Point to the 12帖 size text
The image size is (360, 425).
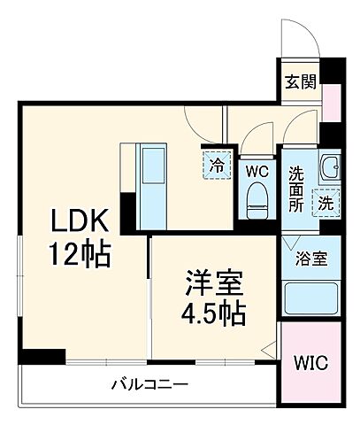tap(80, 255)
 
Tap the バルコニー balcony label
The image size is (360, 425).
tap(149, 385)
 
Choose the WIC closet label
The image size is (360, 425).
tap(309, 364)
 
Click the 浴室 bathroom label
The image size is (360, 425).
tap(310, 260)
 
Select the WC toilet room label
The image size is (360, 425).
tap(257, 169)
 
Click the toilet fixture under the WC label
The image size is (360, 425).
tap(257, 198)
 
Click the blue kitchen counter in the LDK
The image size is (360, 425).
tap(154, 182)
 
